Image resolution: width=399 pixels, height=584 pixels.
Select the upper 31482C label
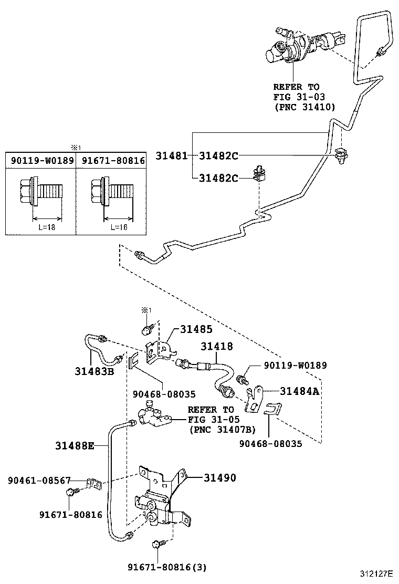click(218, 155)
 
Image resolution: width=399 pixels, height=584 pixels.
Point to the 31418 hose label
click(216, 347)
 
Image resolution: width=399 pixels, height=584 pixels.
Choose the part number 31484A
click(299, 391)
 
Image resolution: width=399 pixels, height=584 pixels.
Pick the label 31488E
click(75, 446)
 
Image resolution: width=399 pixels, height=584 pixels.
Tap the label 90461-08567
click(39, 481)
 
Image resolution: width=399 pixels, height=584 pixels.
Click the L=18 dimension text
click(48, 227)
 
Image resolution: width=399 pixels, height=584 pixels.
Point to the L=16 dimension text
click(118, 227)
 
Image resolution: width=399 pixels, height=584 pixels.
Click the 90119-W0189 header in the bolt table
click(41, 160)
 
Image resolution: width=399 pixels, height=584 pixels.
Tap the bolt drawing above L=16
click(110, 193)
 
